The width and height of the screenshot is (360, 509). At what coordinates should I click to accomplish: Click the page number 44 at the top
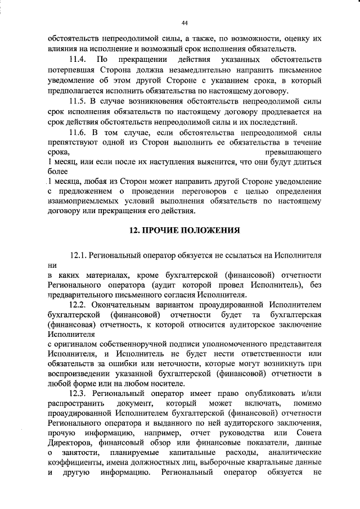click(x=184, y=22)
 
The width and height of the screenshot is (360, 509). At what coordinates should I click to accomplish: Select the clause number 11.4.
click(x=76, y=60)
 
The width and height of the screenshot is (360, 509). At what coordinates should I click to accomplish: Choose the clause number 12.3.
click(x=78, y=394)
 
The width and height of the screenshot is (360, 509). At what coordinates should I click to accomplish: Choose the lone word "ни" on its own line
click(x=53, y=264)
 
